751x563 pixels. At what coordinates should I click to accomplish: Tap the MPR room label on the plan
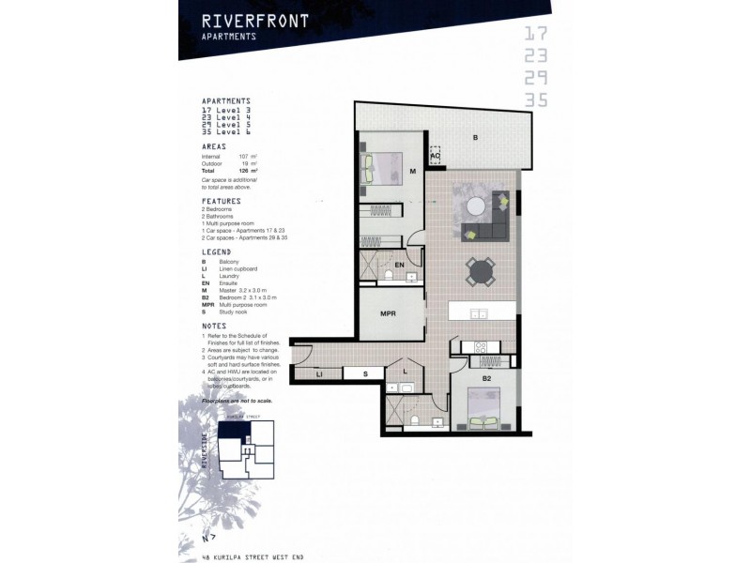point(379,313)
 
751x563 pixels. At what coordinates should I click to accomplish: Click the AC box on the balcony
point(436,156)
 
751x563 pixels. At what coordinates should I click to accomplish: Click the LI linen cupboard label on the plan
point(320,374)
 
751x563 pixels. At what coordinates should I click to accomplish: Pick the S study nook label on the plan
point(367,374)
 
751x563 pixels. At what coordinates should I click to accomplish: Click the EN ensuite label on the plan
point(399,266)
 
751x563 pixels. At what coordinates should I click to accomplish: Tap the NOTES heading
point(216,327)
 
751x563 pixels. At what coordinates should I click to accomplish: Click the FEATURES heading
point(222,201)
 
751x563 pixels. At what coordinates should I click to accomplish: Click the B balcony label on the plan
point(476,138)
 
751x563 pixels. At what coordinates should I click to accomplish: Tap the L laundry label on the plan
point(405,372)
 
